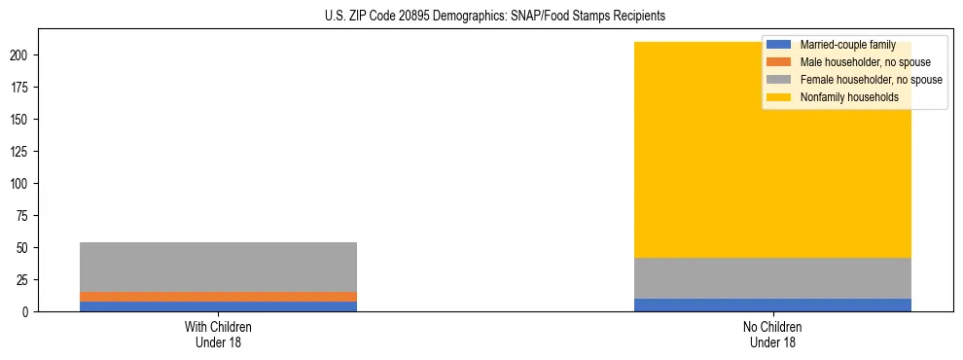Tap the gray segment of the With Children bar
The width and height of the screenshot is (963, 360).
218,267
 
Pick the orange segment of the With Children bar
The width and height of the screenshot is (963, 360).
218,296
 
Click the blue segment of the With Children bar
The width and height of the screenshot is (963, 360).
218,306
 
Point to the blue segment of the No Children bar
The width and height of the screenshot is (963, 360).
772,305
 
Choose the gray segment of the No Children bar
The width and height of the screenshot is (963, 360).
772,277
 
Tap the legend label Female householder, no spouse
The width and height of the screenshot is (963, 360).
871,80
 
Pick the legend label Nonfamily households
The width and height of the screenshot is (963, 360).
848,97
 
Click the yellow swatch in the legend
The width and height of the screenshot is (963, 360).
779,97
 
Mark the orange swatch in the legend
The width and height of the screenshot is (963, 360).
779,62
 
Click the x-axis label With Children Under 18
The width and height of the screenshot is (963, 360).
218,335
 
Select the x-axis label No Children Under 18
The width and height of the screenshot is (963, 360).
772,335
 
